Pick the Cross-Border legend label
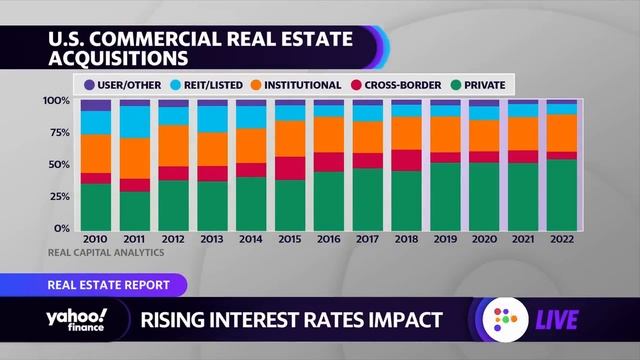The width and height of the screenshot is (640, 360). click(404, 85)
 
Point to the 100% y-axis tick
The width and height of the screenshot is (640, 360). click(57, 101)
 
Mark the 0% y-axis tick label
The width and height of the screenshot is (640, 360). click(62, 228)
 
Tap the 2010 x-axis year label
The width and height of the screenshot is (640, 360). click(96, 241)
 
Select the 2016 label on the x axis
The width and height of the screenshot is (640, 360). click(328, 241)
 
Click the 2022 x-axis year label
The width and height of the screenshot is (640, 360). click(561, 241)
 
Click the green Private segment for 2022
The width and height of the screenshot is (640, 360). click(561, 194)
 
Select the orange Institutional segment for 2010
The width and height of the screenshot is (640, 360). click(96, 153)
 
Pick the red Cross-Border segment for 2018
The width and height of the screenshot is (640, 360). click(406, 160)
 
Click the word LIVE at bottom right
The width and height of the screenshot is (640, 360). click(580, 322)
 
